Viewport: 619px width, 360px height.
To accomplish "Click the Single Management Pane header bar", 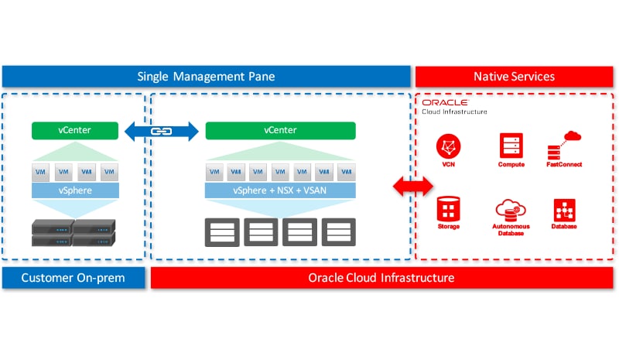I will pyautogui.click(x=206, y=76).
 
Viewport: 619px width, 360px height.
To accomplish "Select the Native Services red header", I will pyautogui.click(x=514, y=76).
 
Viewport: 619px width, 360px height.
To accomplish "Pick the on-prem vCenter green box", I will pyautogui.click(x=74, y=131).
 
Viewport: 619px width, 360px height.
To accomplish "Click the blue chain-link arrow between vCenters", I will pyautogui.click(x=161, y=131).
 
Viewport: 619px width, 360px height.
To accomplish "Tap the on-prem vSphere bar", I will pyautogui.click(x=74, y=190).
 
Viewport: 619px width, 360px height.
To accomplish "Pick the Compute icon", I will pyautogui.click(x=511, y=146).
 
